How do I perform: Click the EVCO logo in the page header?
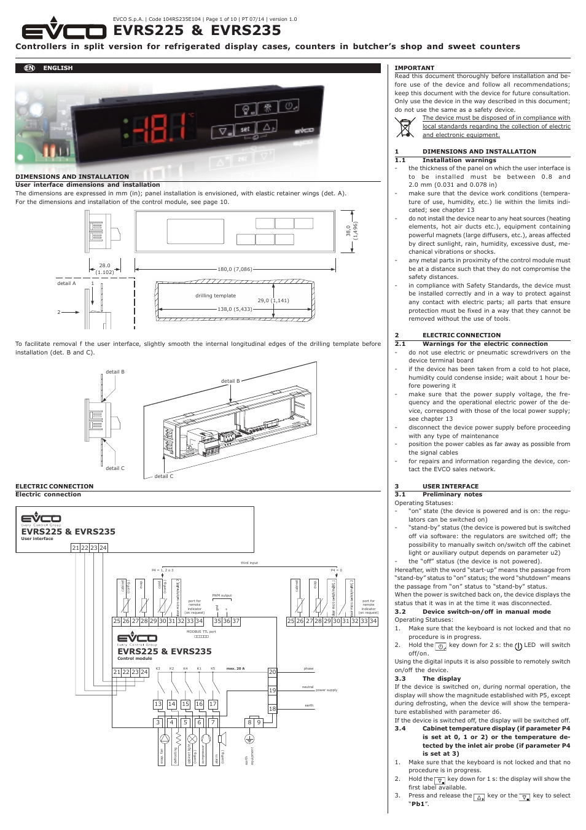point(64,30)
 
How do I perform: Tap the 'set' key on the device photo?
point(244,130)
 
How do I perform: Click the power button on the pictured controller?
point(288,106)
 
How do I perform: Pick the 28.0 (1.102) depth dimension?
point(104,269)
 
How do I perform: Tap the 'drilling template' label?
point(216,296)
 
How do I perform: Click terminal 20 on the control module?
point(272,672)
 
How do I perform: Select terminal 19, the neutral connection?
point(272,691)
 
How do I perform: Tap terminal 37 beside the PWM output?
point(236,621)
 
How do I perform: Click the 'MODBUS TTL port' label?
point(201,632)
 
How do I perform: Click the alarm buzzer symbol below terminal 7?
point(221,738)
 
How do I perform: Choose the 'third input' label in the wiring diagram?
point(249,563)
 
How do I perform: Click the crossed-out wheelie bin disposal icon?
point(405,127)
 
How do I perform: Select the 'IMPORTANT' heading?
point(414,68)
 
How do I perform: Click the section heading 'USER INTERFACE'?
point(450,486)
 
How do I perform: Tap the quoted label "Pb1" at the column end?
point(419,804)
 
